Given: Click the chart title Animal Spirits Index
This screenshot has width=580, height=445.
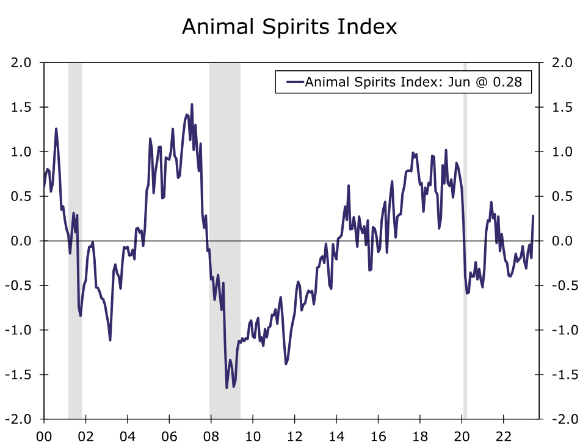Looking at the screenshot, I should pos(289,27).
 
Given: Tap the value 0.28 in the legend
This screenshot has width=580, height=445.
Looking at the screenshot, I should pos(509,82).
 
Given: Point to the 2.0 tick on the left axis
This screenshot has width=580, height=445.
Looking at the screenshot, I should pos(25,62).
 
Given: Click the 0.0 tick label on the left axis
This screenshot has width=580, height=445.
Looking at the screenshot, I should pos(25,241).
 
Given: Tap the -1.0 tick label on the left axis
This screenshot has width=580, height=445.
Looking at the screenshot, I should pos(23,330).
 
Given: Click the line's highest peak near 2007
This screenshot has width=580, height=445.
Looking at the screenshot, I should pos(192,105).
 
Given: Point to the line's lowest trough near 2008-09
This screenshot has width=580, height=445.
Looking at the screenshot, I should pos(227,388).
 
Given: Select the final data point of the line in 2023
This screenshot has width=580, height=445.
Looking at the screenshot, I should pos(533,216).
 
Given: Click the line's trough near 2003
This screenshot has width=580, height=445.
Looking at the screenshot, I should pos(110,340).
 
